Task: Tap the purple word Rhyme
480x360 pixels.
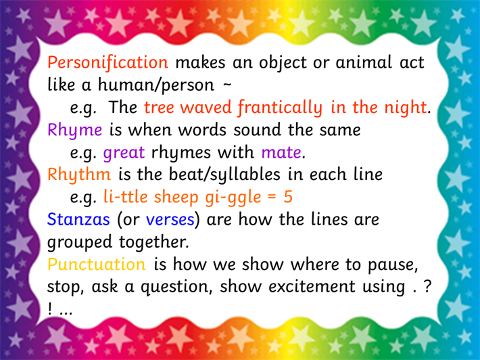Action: (74, 131)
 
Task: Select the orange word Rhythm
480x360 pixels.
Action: (79, 175)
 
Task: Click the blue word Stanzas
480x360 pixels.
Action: (78, 219)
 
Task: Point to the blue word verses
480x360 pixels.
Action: (170, 220)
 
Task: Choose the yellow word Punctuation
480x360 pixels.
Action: (97, 265)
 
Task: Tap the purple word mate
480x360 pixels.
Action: (281, 153)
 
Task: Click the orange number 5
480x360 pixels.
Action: (288, 197)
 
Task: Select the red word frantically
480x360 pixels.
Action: (280, 108)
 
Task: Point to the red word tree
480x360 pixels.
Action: (159, 108)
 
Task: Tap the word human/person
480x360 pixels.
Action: (156, 85)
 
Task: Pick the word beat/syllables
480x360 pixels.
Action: (224, 175)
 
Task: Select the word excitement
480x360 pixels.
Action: (312, 287)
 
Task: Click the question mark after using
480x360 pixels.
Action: (427, 287)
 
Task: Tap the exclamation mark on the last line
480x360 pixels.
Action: (50, 309)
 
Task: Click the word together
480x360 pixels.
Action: (153, 242)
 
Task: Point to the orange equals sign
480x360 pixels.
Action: (272, 198)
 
